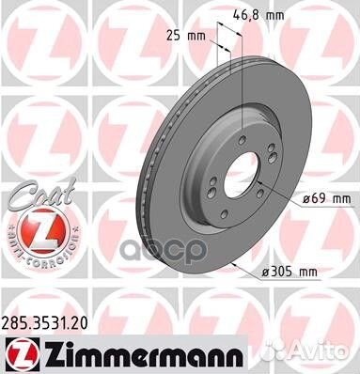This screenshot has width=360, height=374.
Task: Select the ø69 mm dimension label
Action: (x=327, y=198)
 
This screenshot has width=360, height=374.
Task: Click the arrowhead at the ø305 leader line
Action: (x=230, y=265)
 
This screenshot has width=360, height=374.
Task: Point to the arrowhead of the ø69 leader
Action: (x=265, y=187)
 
